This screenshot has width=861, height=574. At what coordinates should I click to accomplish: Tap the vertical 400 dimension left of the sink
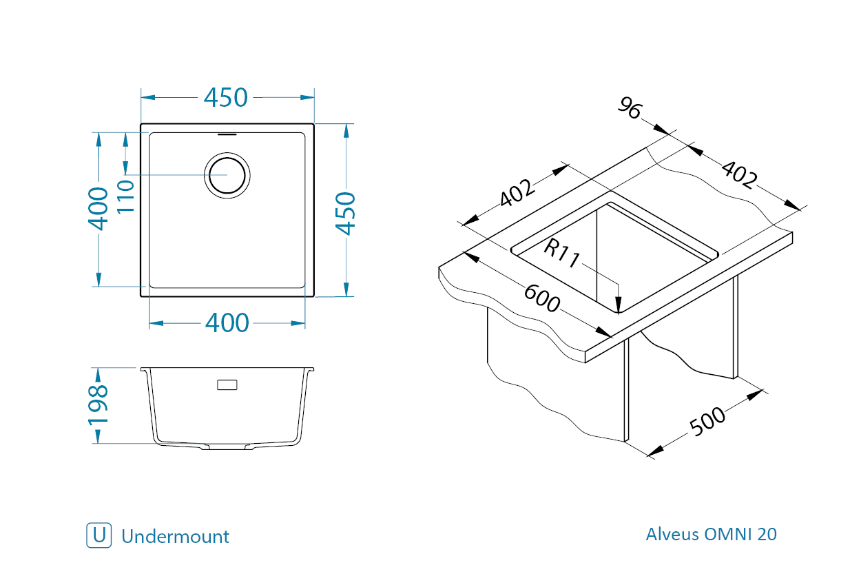click(x=98, y=209)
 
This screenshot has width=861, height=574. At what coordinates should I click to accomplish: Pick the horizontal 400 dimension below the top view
click(x=227, y=323)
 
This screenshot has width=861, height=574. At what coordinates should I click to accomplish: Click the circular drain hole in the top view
click(x=227, y=175)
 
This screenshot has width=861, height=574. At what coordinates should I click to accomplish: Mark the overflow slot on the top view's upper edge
click(x=227, y=134)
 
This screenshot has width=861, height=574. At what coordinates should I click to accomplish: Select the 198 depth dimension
click(x=98, y=406)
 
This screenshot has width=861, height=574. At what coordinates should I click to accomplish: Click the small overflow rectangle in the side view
click(x=227, y=385)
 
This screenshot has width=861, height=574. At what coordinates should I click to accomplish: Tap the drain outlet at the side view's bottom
click(x=227, y=447)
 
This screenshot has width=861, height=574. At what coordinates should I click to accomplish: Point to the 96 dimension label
click(x=630, y=108)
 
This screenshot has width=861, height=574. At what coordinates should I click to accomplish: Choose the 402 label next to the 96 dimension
click(x=739, y=175)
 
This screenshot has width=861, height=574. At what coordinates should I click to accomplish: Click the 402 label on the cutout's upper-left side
click(x=517, y=192)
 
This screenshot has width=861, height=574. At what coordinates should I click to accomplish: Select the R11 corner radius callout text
click(x=561, y=254)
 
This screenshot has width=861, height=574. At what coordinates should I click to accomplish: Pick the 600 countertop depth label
click(x=542, y=298)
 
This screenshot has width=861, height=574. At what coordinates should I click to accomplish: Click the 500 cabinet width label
click(x=707, y=422)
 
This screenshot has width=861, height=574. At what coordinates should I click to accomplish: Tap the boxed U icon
click(x=99, y=535)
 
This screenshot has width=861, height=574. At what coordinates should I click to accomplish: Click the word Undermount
click(x=175, y=536)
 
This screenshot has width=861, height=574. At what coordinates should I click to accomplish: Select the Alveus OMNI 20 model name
click(x=711, y=534)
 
